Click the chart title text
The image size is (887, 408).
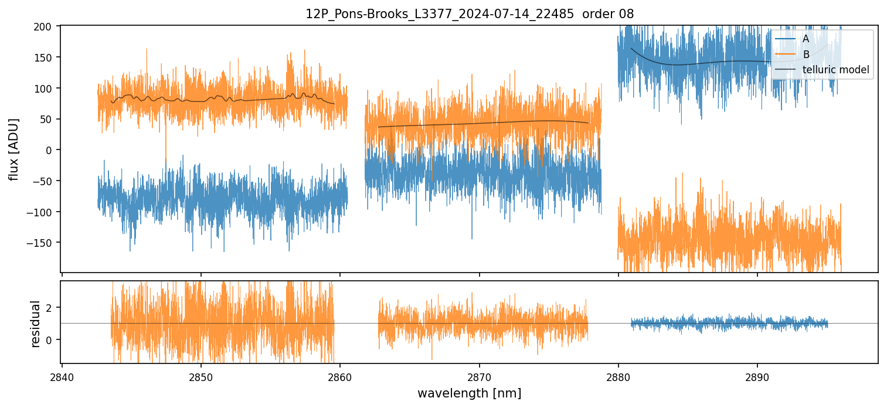point(469,14)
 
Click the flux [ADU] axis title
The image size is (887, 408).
point(14,149)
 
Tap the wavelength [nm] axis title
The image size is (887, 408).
point(469,393)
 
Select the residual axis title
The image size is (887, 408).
point(35,324)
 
